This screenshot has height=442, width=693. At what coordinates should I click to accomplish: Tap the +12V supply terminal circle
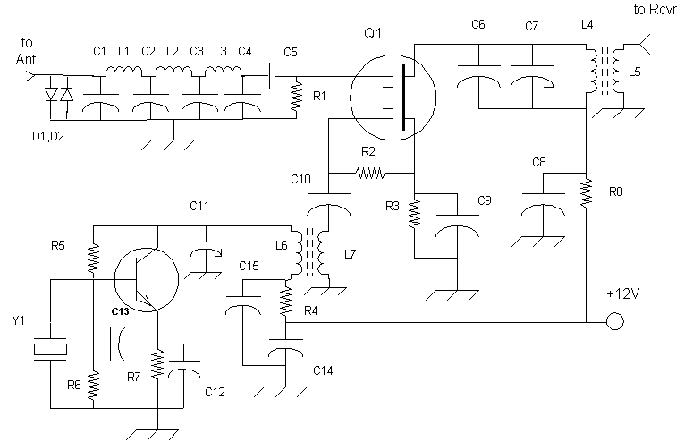pyautogui.click(x=615, y=321)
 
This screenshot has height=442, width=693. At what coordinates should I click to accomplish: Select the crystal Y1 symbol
pyautogui.click(x=50, y=349)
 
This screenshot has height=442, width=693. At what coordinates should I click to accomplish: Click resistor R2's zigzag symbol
pyautogui.click(x=370, y=173)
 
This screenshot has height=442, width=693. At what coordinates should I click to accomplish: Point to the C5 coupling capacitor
pyautogui.click(x=272, y=76)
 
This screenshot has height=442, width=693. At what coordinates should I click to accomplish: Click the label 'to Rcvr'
pyautogui.click(x=655, y=10)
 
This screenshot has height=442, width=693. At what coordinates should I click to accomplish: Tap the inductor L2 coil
pyautogui.click(x=173, y=71)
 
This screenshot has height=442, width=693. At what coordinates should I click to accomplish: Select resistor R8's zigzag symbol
pyautogui.click(x=586, y=192)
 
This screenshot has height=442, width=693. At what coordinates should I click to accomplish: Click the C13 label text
pyautogui.click(x=120, y=311)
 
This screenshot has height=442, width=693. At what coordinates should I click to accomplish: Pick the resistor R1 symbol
pyautogui.click(x=296, y=96)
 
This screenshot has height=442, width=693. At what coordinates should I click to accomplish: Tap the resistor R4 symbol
pyautogui.click(x=286, y=301)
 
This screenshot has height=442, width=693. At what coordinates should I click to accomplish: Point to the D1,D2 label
pyautogui.click(x=48, y=136)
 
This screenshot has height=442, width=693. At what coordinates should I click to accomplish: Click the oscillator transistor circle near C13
pyautogui.click(x=147, y=280)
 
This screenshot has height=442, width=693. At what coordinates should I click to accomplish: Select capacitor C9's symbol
pyautogui.click(x=458, y=226)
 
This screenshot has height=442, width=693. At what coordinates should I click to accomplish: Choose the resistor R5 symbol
pyautogui.click(x=93, y=259)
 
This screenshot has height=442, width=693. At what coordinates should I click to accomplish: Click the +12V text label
pyautogui.click(x=623, y=293)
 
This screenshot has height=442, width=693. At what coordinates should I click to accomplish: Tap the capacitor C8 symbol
pyautogui.click(x=543, y=204)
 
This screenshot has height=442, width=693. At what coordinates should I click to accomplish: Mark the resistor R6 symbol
pyautogui.click(x=93, y=385)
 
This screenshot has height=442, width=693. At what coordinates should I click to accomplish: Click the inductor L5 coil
pyautogui.click(x=618, y=71)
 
